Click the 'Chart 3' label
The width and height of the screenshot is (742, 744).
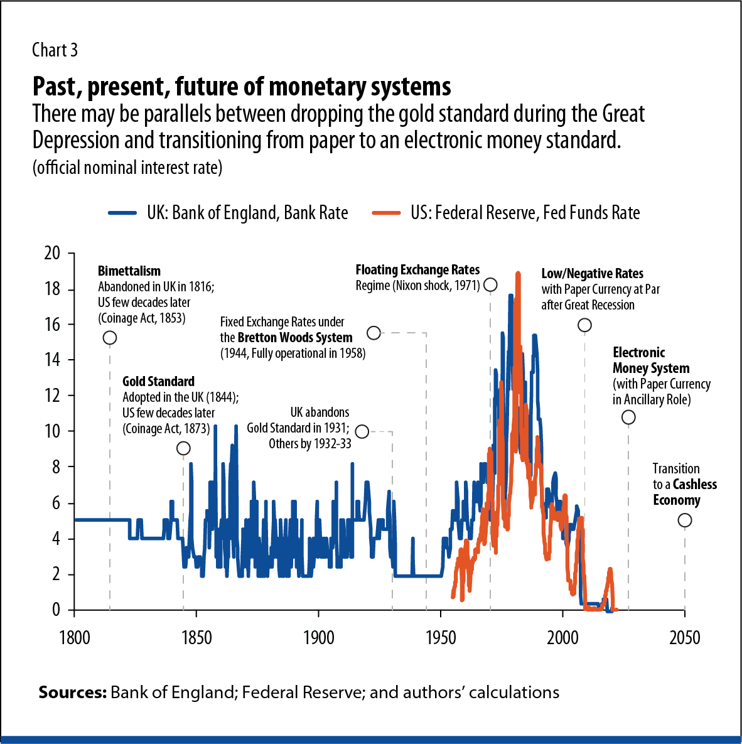[x=55, y=50]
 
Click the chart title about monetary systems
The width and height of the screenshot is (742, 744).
[x=242, y=87]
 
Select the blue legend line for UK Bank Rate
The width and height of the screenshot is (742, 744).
[x=122, y=213]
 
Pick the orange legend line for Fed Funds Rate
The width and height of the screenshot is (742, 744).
[x=386, y=213]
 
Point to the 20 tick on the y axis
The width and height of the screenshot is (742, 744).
[x=52, y=253]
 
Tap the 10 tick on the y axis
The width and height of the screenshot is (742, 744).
[x=52, y=431]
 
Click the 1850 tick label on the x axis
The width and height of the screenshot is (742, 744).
[x=196, y=638]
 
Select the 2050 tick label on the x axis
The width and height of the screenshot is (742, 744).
[x=684, y=638]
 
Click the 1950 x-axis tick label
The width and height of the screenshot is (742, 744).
[x=441, y=638]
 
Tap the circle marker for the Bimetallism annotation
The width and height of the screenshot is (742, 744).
[x=110, y=338]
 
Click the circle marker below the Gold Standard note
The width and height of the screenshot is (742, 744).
[x=183, y=448]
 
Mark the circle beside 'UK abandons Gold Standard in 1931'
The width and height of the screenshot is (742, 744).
[x=362, y=431]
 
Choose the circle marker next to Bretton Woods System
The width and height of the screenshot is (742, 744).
[x=374, y=333]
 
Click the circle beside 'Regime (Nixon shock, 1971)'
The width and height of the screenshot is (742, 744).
[x=490, y=285]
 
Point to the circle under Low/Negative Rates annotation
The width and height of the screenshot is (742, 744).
[x=584, y=325]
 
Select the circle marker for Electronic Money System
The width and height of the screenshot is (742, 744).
[x=628, y=418]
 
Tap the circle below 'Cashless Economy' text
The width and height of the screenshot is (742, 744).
[x=685, y=520]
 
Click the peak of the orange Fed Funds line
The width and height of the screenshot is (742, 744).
[x=518, y=274]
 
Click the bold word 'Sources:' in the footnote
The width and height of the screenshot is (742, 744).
[x=72, y=693]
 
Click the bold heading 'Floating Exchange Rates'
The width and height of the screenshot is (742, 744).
[x=417, y=270]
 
